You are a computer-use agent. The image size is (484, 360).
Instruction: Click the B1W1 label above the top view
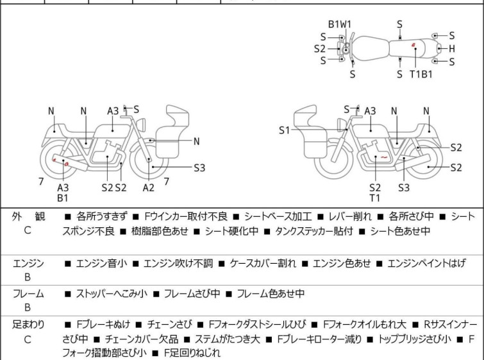click(340, 24)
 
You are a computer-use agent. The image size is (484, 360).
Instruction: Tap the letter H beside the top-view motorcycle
click(452, 48)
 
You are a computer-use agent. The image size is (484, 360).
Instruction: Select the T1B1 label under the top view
click(421, 74)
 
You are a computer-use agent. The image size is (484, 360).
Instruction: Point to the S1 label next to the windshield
click(284, 130)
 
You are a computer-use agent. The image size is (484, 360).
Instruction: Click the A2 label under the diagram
click(149, 187)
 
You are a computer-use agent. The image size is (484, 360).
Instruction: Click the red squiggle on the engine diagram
click(383, 157)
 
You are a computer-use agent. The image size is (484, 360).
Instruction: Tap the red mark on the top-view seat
click(415, 46)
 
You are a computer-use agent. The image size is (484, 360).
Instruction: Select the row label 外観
click(28, 217)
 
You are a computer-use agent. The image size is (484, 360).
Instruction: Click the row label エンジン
click(28, 263)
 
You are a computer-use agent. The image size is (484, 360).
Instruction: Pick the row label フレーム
click(28, 294)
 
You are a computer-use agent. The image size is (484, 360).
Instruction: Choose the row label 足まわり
click(28, 325)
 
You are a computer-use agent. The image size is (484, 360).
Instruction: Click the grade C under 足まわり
click(28, 339)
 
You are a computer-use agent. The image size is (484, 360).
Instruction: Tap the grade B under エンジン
click(28, 278)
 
